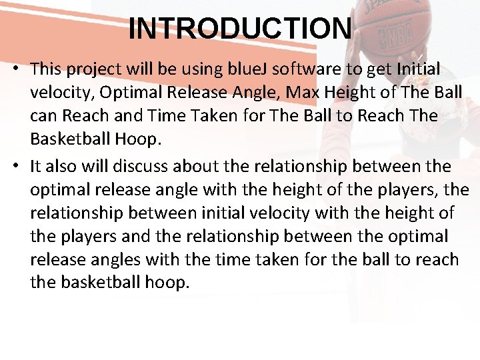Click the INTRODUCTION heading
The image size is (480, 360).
pyautogui.click(x=240, y=29)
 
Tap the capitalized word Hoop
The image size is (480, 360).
pyautogui.click(x=138, y=139)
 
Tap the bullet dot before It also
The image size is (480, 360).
pyautogui.click(x=15, y=166)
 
